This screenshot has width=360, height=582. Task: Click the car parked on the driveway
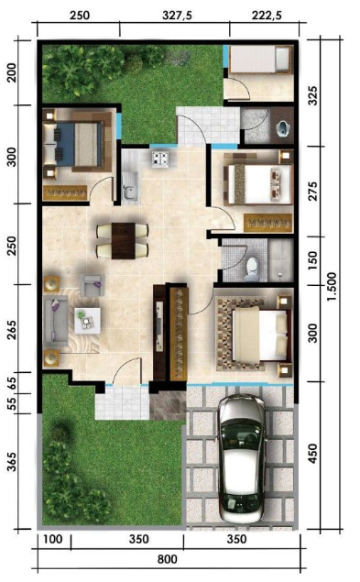(x=242, y=458)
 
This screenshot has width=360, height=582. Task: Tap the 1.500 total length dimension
(x=332, y=286)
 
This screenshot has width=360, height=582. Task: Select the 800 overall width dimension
(x=168, y=559)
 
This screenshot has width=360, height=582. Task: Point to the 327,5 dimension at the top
(x=177, y=16)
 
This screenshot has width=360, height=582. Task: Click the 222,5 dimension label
(x=267, y=16)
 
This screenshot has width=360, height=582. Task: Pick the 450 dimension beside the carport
(x=313, y=453)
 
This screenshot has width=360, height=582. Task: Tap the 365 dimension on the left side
(x=12, y=461)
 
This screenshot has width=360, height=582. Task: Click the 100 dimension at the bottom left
(x=53, y=539)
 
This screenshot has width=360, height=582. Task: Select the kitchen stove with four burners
(x=160, y=159)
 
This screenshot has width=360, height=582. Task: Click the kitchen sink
(x=129, y=187)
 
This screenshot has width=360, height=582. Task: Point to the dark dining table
(x=124, y=240)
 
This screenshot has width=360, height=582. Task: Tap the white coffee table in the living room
(x=87, y=320)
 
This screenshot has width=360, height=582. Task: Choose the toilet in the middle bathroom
(x=252, y=269)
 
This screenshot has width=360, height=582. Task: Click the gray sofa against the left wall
(x=56, y=320)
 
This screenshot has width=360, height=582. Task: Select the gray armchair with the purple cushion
(x=94, y=285)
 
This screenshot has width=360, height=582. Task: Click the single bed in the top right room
(x=260, y=60)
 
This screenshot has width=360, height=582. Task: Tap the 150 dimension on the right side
(x=313, y=260)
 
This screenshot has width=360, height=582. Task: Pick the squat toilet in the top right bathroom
(x=283, y=128)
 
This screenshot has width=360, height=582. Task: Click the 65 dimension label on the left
(x=12, y=383)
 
